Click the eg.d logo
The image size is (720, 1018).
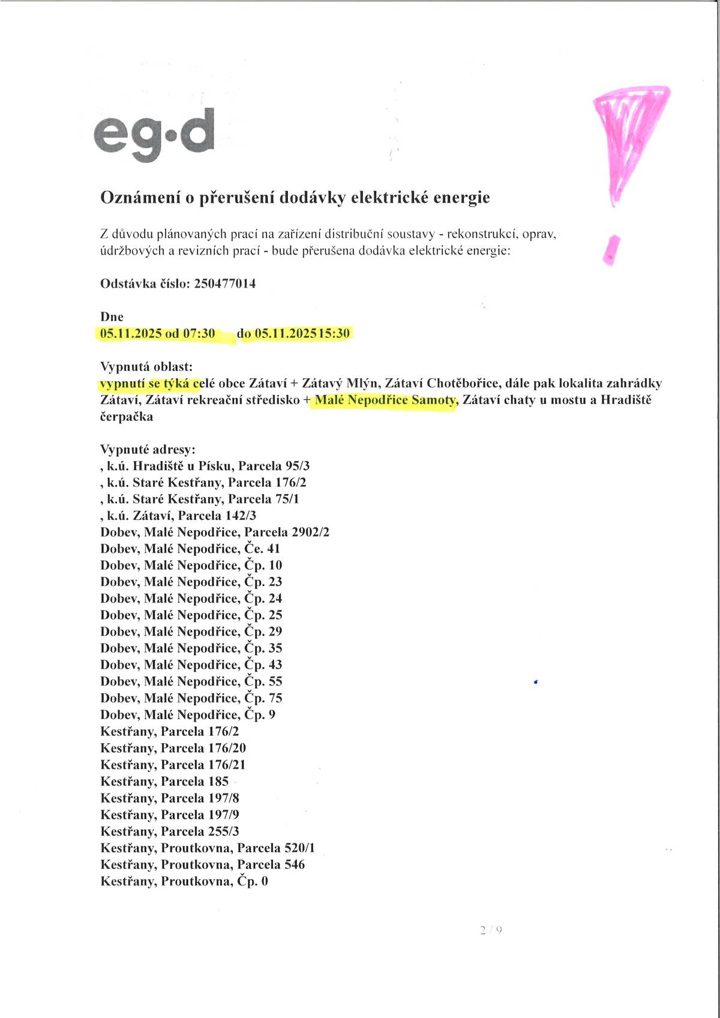click(154, 134)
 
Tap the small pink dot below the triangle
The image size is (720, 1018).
click(611, 250)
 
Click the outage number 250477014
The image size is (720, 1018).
click(225, 283)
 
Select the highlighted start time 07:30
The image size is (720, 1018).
click(199, 334)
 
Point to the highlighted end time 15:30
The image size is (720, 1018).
click(334, 334)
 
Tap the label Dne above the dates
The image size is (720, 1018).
click(112, 317)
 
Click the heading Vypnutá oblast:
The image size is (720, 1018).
click(146, 367)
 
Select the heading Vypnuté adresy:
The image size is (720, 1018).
click(148, 450)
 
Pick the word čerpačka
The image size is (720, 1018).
click(127, 417)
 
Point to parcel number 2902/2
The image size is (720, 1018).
click(310, 532)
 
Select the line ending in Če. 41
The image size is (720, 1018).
click(190, 549)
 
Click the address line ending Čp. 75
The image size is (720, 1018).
click(191, 698)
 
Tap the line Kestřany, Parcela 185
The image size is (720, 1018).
click(164, 782)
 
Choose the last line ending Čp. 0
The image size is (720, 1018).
click(184, 881)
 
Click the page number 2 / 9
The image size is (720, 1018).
click(491, 930)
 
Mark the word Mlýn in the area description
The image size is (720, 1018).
click(362, 383)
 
